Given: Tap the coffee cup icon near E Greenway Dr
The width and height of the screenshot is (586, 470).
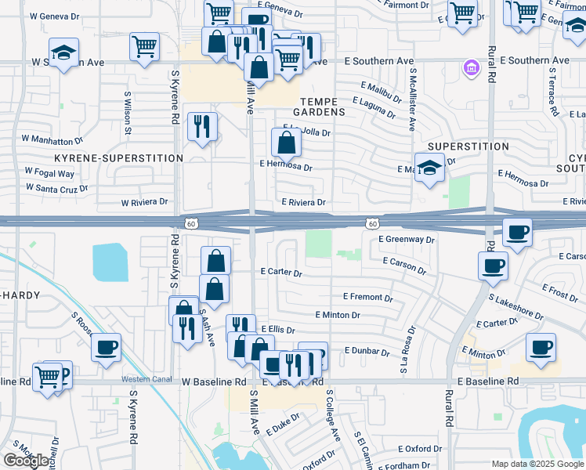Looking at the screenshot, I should click(517, 233).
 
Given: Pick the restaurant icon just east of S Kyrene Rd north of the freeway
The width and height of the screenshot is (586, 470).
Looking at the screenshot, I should click(202, 126).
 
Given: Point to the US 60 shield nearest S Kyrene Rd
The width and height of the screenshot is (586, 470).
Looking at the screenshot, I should click(190, 224).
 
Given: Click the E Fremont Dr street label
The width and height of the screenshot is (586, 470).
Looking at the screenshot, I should click(367, 298).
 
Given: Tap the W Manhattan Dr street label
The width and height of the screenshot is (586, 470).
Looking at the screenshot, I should click(52, 139).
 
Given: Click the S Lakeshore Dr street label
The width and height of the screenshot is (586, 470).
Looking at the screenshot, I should click(515, 306).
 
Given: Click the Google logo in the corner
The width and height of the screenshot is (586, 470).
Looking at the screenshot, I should click(27, 461).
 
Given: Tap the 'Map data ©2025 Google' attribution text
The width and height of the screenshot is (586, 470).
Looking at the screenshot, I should click(537, 464).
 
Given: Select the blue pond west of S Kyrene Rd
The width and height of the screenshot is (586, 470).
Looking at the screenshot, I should click(110, 262).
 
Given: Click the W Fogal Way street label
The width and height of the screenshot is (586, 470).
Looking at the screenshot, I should click(49, 173).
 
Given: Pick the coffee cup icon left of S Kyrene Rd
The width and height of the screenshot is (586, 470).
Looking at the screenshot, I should click(106, 347).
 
